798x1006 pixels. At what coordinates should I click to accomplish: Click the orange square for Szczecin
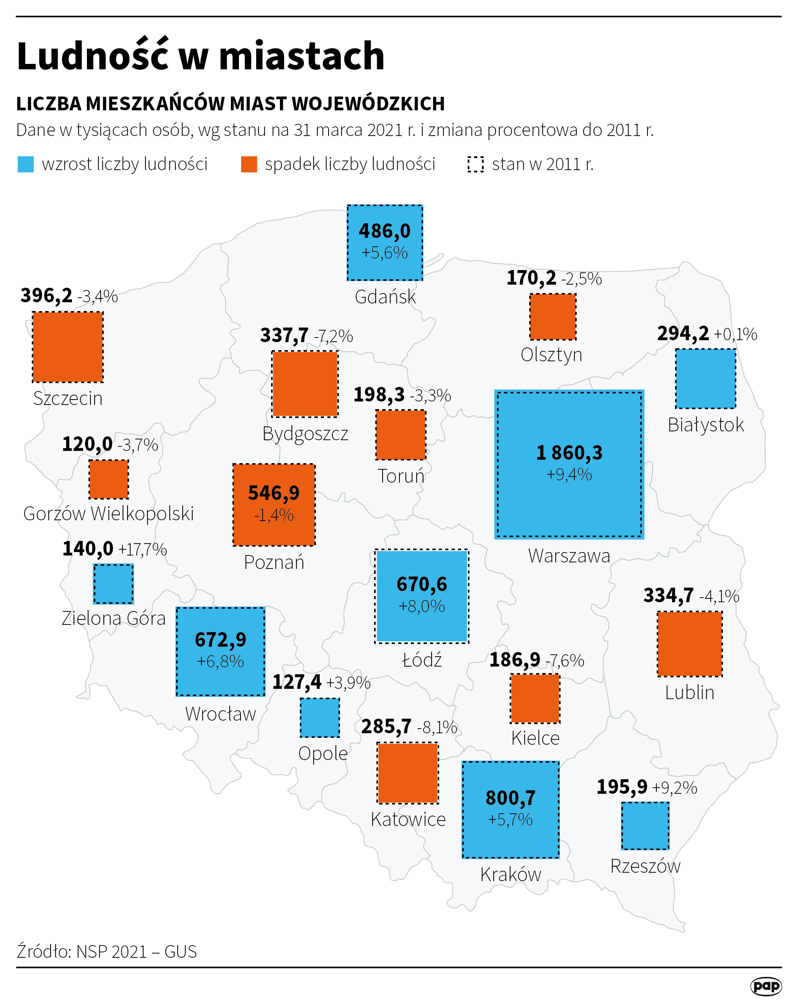(68, 347)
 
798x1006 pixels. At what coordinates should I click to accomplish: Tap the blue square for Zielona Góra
(113, 584)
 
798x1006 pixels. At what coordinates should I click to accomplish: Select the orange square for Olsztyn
(553, 317)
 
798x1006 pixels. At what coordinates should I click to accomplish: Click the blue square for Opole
(320, 718)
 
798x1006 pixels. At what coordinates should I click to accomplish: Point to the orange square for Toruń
(401, 434)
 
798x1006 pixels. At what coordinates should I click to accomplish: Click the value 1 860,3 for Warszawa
(569, 452)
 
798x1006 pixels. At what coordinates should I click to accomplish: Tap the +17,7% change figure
(143, 550)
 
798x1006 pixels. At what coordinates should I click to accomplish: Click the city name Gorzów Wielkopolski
(108, 514)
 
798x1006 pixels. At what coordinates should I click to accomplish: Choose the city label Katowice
(408, 819)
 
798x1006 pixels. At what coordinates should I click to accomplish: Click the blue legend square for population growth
(26, 164)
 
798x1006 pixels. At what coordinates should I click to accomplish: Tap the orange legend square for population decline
(249, 164)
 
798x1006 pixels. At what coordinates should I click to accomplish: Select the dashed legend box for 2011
(475, 164)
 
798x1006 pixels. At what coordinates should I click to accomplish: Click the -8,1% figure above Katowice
(437, 727)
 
